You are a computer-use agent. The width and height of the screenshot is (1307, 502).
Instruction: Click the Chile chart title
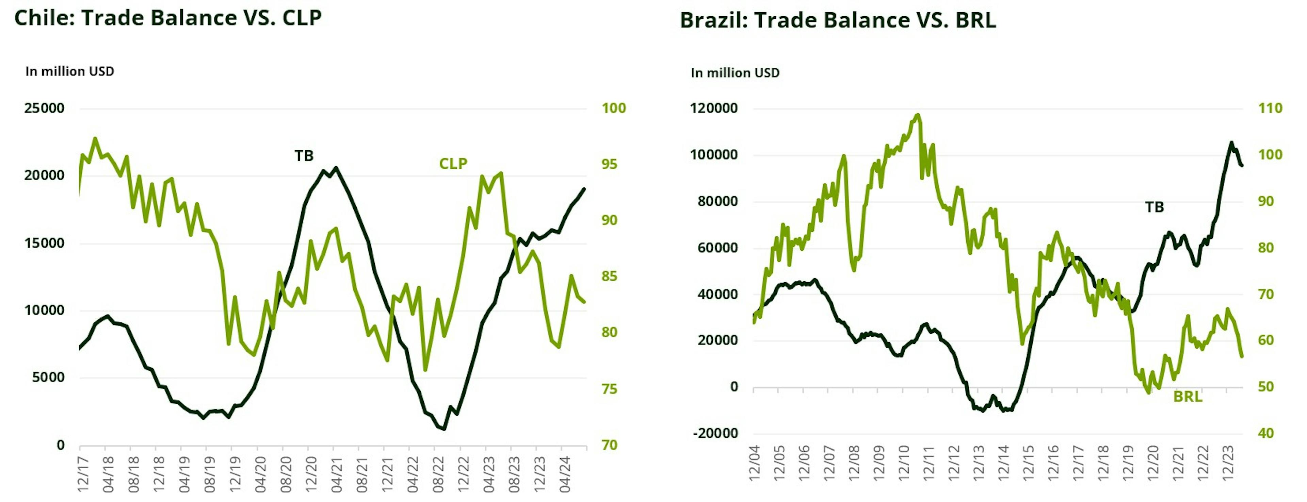[x=168, y=18]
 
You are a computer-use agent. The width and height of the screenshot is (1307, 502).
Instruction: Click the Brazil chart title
[x=838, y=20]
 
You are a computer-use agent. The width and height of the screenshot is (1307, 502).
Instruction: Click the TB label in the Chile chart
[x=304, y=156]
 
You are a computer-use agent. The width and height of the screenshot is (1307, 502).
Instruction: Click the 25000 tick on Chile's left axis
[x=45, y=108]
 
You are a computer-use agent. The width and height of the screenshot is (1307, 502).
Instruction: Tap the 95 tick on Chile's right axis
[x=609, y=164]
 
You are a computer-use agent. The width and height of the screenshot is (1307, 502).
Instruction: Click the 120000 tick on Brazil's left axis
[x=714, y=108]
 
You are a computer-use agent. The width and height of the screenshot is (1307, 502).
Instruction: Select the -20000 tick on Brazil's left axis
[x=714, y=433]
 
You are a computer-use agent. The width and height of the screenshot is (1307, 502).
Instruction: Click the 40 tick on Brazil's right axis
[x=1266, y=433]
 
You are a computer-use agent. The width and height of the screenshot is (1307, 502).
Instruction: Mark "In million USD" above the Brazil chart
[x=735, y=73]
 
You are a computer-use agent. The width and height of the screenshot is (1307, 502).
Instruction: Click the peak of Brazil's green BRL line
[x=917, y=115]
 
